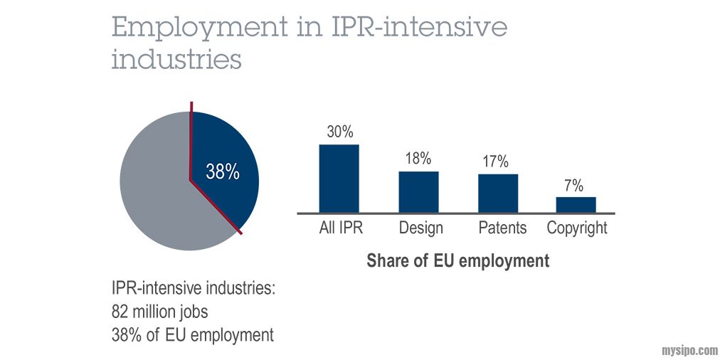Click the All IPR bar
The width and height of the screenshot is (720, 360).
point(339,178)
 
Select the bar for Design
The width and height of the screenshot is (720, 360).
point(418,191)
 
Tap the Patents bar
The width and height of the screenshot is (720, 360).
point(497,193)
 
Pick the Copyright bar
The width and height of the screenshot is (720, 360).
point(576,204)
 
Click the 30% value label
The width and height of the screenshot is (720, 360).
point(339,132)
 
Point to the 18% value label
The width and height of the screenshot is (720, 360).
point(418,159)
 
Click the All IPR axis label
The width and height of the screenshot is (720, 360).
point(339,228)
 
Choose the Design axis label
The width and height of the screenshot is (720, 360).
point(420,228)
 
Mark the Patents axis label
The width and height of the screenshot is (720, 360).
point(502,228)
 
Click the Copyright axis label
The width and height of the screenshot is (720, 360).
point(577,228)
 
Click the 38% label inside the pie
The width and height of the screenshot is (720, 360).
point(222,172)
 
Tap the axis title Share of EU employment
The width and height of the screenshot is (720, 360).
point(457,261)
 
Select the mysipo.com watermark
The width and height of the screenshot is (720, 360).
point(689,349)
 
